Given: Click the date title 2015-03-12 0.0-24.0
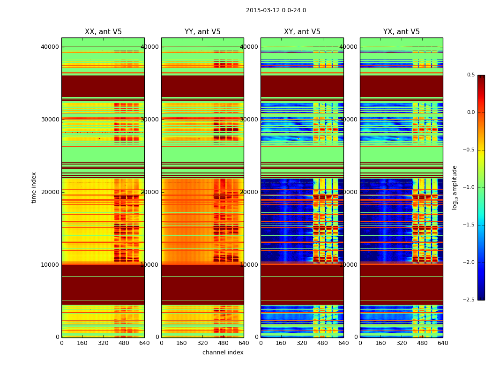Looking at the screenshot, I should coord(276,10).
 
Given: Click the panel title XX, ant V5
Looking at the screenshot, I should coord(103,32).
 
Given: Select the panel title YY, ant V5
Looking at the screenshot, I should coord(202,32).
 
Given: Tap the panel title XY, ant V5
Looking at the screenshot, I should coord(302,32).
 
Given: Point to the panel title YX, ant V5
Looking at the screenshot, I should coord(402,32).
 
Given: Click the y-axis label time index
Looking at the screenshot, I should coord(34,187).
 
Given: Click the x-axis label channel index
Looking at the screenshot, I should coord(223,352).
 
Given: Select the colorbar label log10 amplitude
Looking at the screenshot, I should coord(455,187).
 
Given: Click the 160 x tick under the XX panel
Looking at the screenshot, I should coord(82,343).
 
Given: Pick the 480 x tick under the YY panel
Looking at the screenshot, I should coord(223,343).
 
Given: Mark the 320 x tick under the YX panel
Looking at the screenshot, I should coord(402,343).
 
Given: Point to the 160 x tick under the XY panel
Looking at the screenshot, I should coord(281,343).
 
